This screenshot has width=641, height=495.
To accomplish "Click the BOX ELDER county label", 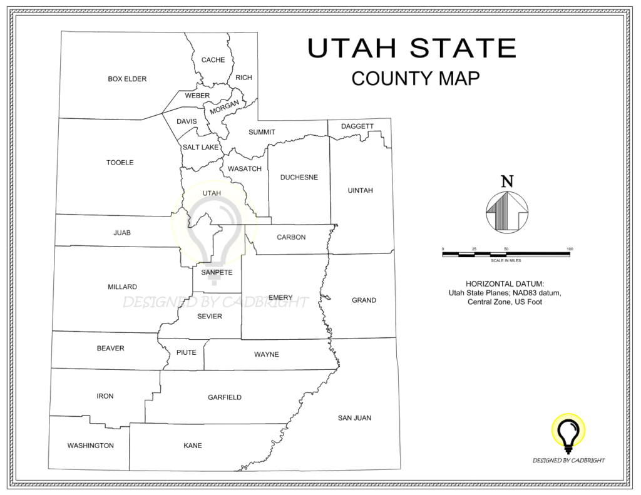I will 127,79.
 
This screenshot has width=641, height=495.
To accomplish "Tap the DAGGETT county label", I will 357,126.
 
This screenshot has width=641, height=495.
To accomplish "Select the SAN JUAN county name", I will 354,418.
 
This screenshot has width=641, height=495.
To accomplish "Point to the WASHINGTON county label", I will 91,446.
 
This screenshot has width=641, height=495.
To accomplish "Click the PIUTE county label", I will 186,352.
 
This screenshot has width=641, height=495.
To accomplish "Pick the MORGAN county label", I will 224,108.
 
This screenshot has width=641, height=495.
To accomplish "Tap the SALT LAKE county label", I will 200,147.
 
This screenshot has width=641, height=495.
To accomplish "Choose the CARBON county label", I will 291,237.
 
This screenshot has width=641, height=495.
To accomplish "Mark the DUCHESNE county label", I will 299,177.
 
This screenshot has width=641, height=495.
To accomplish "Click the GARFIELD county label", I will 224,397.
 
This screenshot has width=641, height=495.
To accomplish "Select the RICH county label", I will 244,78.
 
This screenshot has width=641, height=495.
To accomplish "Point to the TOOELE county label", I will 120,163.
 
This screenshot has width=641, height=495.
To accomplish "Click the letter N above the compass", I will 507,181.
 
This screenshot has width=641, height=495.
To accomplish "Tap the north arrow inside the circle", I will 506,210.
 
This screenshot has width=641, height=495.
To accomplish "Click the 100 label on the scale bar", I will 569,249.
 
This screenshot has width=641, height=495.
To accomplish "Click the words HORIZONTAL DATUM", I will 505,283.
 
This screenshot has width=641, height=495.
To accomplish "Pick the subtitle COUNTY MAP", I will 415,78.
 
